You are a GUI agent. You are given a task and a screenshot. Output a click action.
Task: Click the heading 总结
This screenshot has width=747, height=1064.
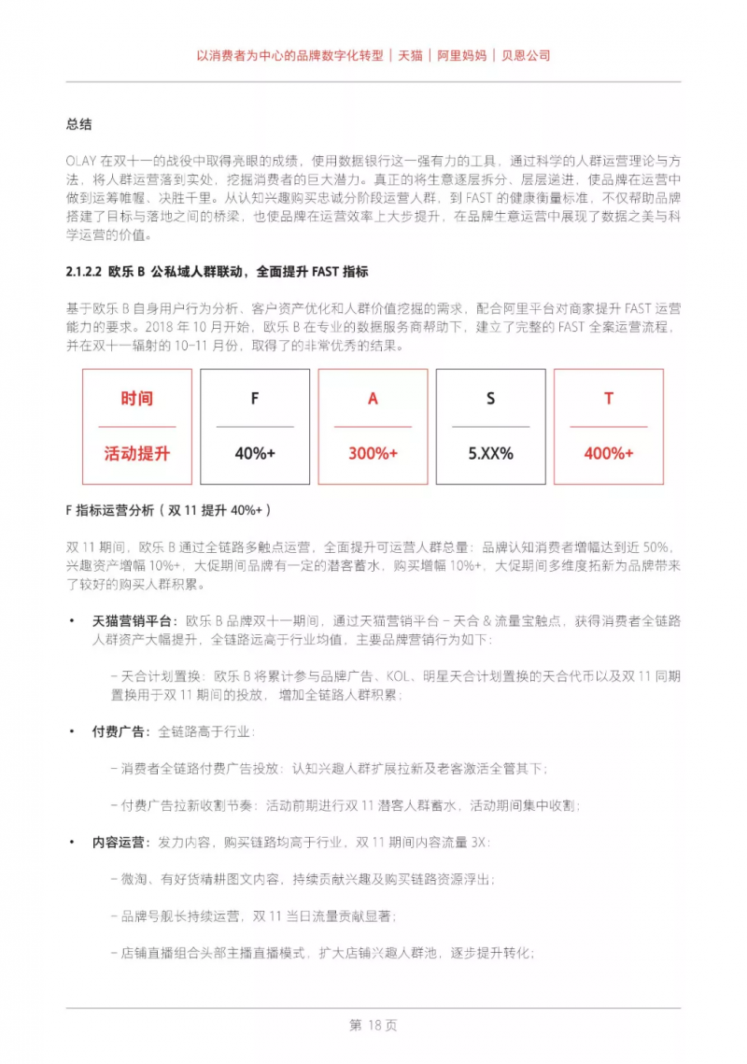[x=78, y=123]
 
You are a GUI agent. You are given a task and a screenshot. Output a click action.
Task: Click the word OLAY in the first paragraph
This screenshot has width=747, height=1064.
[x=81, y=162]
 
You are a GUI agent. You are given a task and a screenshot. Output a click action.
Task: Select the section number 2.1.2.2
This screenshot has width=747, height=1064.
[x=82, y=272]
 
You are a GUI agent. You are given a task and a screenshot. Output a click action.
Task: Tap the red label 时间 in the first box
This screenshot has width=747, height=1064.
[x=136, y=399]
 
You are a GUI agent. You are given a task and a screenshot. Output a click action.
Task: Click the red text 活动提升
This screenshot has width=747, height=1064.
[x=136, y=454]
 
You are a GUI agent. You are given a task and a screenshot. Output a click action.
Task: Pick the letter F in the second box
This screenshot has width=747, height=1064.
[x=255, y=399]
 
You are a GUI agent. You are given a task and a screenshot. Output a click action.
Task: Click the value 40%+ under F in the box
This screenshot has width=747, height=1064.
[x=255, y=454]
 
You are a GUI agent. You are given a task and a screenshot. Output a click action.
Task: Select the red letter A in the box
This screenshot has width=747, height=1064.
[x=373, y=399]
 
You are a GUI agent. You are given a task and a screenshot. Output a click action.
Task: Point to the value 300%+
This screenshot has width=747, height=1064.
[x=373, y=454]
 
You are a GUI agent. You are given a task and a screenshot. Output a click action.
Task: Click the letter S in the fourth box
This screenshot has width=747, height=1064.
[x=490, y=399]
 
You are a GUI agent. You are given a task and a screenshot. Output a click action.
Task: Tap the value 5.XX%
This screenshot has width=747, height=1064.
[x=490, y=454]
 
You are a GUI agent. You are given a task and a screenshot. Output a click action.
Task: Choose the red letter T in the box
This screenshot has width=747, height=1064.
[x=609, y=399]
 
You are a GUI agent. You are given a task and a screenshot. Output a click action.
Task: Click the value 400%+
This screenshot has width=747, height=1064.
[x=609, y=454]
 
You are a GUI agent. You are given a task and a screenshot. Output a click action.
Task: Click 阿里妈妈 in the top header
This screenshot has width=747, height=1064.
[x=462, y=55]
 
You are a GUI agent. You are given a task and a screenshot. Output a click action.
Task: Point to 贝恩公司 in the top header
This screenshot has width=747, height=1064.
[x=526, y=55]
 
